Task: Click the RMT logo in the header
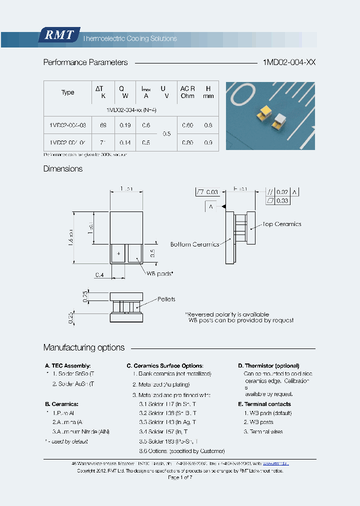coord(59,35)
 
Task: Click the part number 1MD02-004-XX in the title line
coord(289,62)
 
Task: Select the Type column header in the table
coord(67,92)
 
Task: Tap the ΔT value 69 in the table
coord(103,125)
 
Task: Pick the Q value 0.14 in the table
coord(125,142)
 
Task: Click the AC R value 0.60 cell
coord(187,125)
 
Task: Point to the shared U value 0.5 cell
coord(166,134)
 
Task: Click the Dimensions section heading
coord(63,169)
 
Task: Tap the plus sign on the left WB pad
coord(118,253)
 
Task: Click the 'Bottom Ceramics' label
coord(194,244)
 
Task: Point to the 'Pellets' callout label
coord(166,299)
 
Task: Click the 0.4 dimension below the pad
coord(99,274)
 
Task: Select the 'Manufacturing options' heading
coord(84,347)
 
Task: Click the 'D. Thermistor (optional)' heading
coord(268,366)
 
